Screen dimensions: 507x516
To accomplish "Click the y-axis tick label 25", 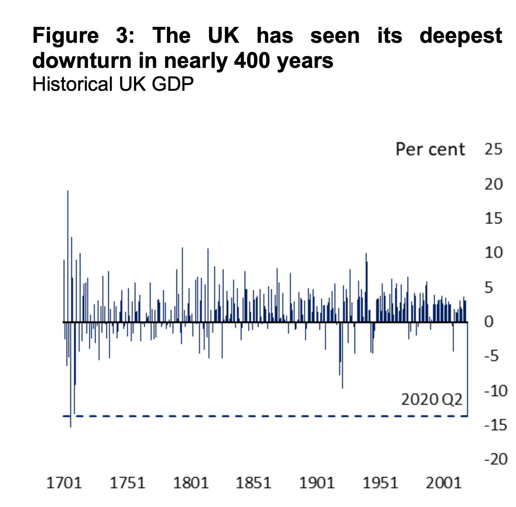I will click(494, 149).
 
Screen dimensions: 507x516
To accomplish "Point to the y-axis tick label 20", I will click(494, 184).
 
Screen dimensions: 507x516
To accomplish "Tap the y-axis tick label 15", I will click(494, 218).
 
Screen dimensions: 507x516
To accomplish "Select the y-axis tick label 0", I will click(489, 322).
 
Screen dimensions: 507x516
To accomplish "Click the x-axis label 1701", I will click(64, 483).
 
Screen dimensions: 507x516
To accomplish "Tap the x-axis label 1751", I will click(128, 483).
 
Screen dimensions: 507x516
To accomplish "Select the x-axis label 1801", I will click(191, 483).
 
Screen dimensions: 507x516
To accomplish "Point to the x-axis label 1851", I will click(254, 483).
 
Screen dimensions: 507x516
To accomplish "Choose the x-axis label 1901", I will click(317, 483).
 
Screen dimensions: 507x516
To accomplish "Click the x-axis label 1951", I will click(380, 483).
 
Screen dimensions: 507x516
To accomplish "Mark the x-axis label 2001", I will click(443, 483).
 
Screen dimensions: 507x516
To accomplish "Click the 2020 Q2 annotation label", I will click(431, 400).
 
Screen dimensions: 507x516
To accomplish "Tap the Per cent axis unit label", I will click(430, 149).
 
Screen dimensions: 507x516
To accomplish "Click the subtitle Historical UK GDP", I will click(113, 84).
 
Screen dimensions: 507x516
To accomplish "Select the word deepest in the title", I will click(461, 36).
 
